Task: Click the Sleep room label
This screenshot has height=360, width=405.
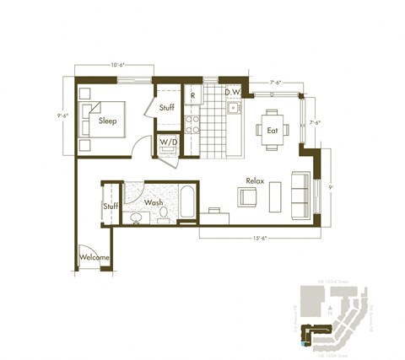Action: tap(108, 121)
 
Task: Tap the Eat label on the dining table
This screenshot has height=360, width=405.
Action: tap(273, 131)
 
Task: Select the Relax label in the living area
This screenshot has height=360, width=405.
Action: tap(256, 181)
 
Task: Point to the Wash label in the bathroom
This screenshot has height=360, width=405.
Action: tap(154, 203)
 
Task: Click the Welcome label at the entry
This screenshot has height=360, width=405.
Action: tap(94, 257)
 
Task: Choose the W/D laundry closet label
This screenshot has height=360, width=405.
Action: tap(169, 142)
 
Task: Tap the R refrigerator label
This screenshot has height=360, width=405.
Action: tap(193, 95)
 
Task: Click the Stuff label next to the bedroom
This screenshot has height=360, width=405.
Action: tap(167, 108)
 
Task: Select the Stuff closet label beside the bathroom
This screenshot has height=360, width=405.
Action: tap(111, 207)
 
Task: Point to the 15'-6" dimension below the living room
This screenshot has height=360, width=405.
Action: tap(258, 240)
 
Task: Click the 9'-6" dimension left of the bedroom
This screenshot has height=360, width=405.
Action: tap(62, 116)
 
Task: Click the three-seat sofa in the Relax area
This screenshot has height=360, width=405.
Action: tap(300, 196)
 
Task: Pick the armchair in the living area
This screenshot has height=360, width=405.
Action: tap(248, 198)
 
